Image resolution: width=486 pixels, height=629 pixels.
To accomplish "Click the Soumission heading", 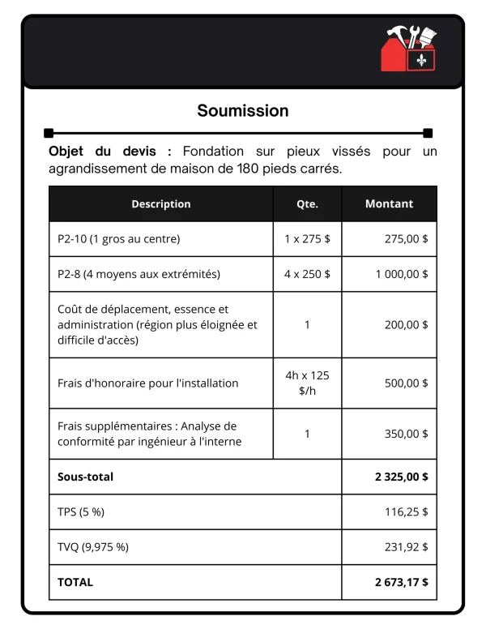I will click(x=243, y=110).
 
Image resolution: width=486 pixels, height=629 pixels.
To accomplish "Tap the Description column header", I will click(x=161, y=204).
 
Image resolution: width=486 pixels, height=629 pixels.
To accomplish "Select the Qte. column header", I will click(x=307, y=204).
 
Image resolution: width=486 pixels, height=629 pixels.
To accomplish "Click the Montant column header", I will click(x=389, y=204).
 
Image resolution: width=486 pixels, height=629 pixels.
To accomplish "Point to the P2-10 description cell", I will click(x=119, y=239).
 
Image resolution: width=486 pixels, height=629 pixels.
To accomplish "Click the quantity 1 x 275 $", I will click(x=307, y=239).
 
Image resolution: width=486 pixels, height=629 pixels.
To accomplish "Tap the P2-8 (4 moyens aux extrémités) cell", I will click(x=139, y=274).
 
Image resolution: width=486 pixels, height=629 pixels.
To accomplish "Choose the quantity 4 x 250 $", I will click(x=307, y=274).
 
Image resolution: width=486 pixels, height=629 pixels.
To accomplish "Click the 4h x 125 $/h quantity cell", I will click(x=307, y=383).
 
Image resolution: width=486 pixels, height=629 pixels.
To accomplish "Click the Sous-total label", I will click(x=85, y=477).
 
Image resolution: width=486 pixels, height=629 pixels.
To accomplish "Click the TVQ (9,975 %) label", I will click(x=93, y=547).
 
